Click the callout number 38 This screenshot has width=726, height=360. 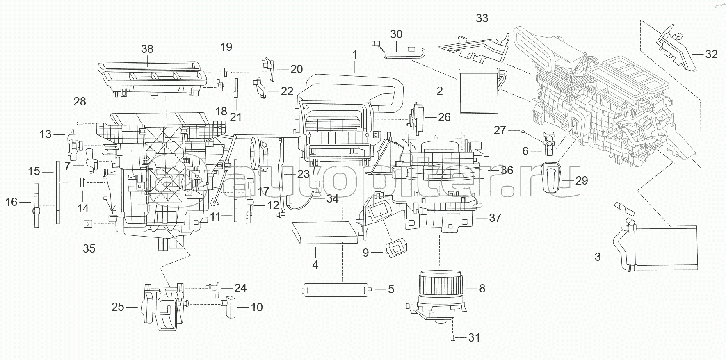pos(147,49)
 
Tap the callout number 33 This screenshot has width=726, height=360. pos(482,18)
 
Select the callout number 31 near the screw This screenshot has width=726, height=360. pos(474,337)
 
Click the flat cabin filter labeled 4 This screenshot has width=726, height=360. pos(322,232)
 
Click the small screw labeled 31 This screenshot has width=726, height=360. pos(452,337)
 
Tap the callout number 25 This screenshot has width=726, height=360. pos(118,307)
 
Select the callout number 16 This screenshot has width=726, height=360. pos(11,202)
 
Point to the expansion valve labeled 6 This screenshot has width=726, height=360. pos(549,143)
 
